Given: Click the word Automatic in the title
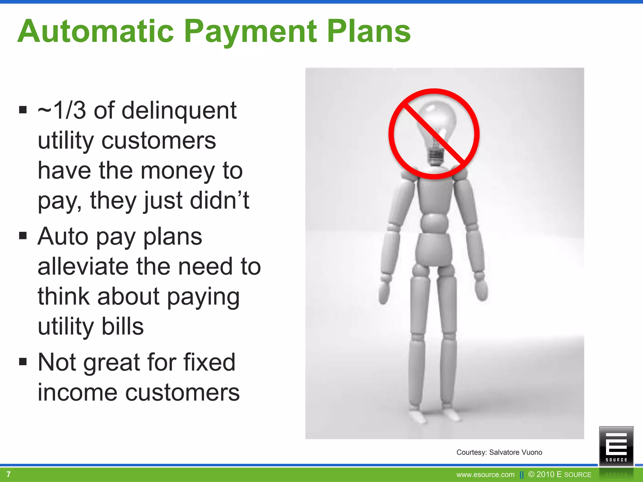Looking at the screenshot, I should (95, 31).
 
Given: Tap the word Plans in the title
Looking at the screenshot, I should (369, 31).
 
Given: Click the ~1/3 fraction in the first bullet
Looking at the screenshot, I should (62, 110).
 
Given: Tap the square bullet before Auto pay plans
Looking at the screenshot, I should (23, 235).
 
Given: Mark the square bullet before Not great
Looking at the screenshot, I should (23, 361).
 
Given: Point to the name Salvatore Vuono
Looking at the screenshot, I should (516, 452).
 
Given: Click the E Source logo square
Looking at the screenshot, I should (616, 446).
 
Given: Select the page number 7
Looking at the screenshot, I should (9, 474).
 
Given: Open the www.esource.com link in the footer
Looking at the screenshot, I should (485, 475).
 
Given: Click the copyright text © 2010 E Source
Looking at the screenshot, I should (560, 474).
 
